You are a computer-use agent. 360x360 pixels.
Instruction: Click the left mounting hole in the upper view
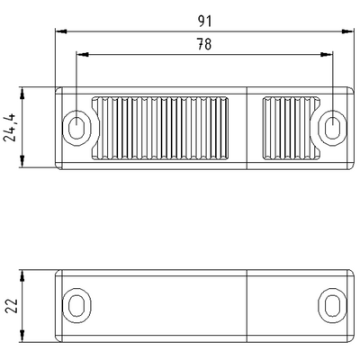coord(77,127)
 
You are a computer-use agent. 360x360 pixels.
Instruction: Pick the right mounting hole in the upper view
coord(330,127)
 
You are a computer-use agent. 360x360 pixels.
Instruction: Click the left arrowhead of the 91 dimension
coord(59,30)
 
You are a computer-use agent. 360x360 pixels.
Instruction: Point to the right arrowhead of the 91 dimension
coord(347,30)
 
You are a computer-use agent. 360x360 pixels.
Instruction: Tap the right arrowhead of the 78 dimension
coord(328,55)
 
